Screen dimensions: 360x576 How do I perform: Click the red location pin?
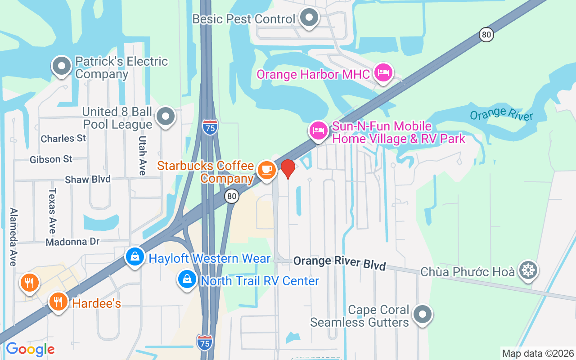pos(288,169)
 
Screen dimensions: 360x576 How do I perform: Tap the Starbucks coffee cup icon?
pos(267,170)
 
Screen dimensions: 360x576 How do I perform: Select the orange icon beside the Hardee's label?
pos(58,301)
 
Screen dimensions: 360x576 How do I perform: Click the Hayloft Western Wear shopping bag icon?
pos(135,257)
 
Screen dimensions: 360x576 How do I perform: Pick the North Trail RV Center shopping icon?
pos(187,279)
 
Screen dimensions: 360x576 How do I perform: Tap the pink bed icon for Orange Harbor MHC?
pos(383,72)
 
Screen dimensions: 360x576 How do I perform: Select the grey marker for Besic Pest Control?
pos(309,18)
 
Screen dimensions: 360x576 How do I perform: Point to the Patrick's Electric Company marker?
pos(62,67)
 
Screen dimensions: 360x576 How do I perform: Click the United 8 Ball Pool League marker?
pos(166,117)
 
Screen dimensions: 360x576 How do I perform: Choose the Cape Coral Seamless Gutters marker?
pos(423,315)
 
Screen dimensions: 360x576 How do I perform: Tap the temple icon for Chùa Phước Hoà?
pos(528,270)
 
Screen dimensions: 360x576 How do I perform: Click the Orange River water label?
pos(501,114)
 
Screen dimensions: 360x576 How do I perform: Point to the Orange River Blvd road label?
pos(339,263)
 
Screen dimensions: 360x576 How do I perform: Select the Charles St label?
pos(63,139)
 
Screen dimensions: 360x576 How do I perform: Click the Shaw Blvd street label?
pos(88,180)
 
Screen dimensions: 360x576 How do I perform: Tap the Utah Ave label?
pos(142,155)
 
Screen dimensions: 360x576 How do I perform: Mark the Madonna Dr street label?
pos(72,242)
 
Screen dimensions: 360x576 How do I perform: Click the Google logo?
pos(30,349)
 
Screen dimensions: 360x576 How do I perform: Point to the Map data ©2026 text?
pos(538,353)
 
